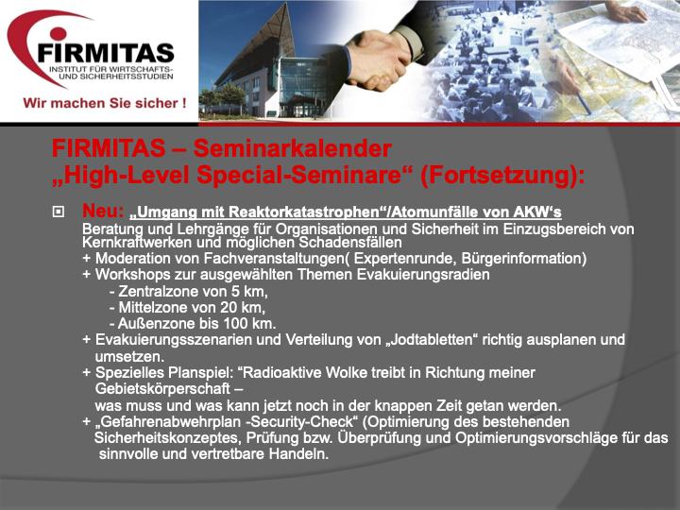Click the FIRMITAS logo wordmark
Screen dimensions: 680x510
106,53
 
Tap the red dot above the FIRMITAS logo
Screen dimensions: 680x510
59,33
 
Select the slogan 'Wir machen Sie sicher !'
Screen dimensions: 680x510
105,103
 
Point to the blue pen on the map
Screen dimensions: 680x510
580,103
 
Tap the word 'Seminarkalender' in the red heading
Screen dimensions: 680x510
293,148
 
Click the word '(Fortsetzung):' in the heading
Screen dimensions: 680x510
502,176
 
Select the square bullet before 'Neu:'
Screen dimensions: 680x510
59,212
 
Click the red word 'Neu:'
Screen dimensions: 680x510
103,211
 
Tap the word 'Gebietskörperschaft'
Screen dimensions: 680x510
162,389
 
